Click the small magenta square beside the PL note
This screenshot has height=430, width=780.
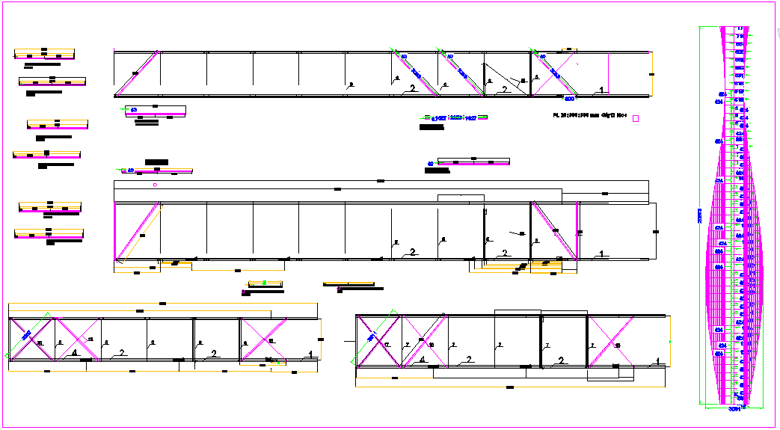pos(636,118)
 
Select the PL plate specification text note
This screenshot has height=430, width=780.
pos(589,116)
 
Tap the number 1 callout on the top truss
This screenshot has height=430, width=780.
pos(603,90)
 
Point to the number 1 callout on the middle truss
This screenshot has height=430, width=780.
pos(602,254)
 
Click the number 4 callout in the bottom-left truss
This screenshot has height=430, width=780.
pos(75,353)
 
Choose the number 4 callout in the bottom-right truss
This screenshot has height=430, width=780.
pos(422,360)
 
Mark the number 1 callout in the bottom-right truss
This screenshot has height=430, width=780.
pos(657,360)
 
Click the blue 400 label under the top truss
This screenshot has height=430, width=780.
pos(569,99)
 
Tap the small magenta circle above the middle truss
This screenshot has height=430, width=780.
pos(155,185)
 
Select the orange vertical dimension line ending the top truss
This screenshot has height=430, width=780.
pos(652,74)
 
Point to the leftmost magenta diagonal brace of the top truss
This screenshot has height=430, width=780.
pos(137,74)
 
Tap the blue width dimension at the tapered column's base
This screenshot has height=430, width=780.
pos(734,408)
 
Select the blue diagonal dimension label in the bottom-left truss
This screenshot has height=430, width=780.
pos(26,336)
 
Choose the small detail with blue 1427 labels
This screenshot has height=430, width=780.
pos(454,118)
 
